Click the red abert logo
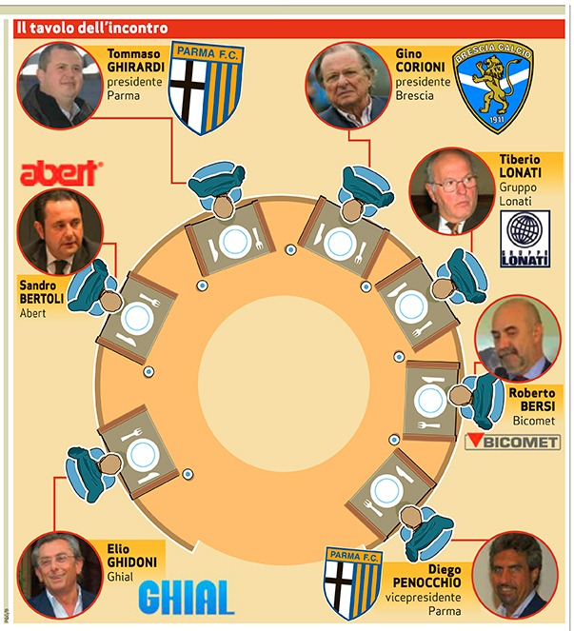point(61,173)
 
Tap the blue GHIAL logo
point(187,597)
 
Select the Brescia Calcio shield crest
point(493,87)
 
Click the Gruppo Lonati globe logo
point(525,239)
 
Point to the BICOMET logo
point(512,442)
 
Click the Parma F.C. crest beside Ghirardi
point(207,88)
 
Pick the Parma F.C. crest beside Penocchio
point(352,583)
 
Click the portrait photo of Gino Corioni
point(347,85)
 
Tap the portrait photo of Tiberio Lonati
point(451,191)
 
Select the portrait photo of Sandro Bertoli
point(60,232)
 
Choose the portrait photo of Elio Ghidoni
point(60,575)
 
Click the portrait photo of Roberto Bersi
point(518,339)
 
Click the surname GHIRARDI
point(136,67)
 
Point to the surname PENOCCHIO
point(426,582)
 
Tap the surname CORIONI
point(420,67)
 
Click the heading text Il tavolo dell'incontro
point(92,29)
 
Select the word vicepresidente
point(423,597)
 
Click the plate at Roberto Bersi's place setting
point(430,400)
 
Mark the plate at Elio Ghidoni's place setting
point(143,454)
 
